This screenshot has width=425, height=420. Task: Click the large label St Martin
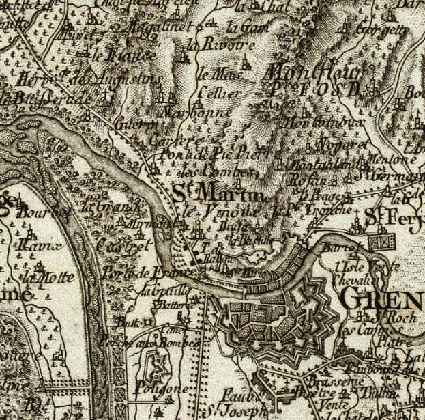coord(216,193)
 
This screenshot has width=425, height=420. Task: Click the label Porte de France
coord(135,273)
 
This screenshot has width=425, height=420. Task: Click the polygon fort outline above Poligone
coord(158,361)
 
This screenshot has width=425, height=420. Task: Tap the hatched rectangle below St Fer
coord(383,240)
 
